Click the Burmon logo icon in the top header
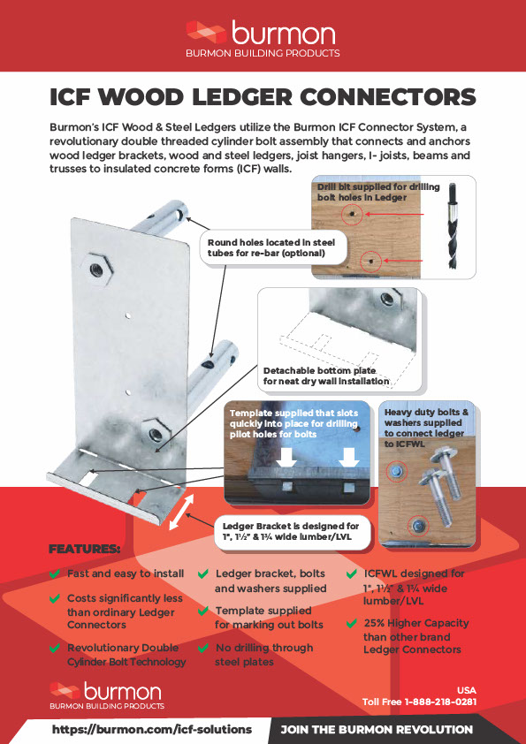[x=205, y=33]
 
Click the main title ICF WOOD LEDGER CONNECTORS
[x=263, y=96]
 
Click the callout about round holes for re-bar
[x=265, y=247]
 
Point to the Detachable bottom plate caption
[x=326, y=376]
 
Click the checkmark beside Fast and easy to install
[x=56, y=574]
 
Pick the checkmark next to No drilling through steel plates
[x=204, y=649]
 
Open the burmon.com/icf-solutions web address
[x=151, y=730]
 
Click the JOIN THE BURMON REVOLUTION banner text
[x=377, y=730]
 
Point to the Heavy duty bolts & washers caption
[x=427, y=422]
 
